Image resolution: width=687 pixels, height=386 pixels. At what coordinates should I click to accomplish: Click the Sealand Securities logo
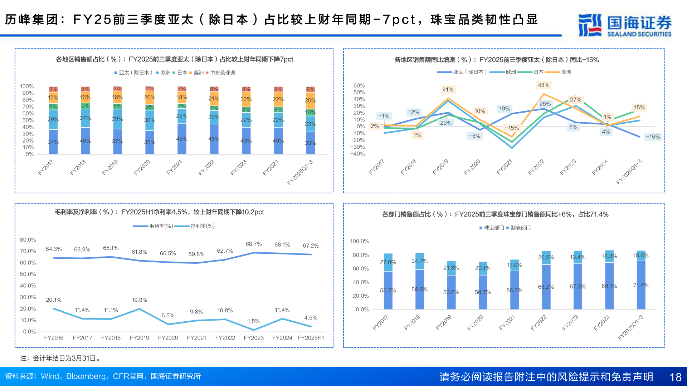tap(624, 25)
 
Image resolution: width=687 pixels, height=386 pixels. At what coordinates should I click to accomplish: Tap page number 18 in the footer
tap(675, 377)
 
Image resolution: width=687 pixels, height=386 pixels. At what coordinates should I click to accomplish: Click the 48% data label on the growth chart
tap(543, 85)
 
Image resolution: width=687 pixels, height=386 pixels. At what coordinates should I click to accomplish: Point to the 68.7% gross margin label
tap(253, 244)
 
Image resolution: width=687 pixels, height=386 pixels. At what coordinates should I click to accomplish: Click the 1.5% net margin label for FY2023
tap(253, 321)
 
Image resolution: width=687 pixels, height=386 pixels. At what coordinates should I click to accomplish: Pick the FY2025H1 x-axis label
tap(311, 338)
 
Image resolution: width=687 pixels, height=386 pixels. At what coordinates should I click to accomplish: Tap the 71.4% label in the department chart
tap(640, 285)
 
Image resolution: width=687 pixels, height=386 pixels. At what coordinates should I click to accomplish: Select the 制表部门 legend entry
tap(520, 228)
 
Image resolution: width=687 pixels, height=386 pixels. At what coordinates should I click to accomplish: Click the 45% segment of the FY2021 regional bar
tap(182, 139)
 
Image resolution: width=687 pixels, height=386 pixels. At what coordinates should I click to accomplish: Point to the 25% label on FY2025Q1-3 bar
tap(310, 100)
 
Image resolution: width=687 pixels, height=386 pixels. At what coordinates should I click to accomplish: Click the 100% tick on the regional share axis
tap(27, 86)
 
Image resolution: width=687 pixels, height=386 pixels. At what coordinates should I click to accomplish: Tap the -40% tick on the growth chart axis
tap(357, 154)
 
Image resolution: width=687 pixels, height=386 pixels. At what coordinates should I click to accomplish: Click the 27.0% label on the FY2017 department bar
tap(388, 262)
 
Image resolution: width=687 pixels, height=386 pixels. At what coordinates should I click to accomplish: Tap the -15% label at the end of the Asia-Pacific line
tap(653, 137)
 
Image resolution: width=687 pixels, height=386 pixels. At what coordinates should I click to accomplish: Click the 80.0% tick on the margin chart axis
tap(28, 240)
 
